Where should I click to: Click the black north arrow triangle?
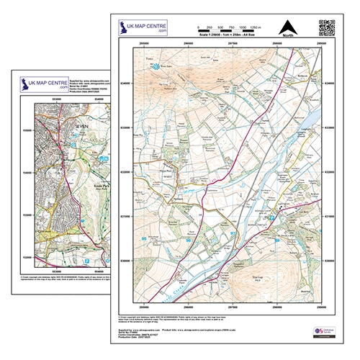289,26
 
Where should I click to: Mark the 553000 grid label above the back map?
48,100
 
